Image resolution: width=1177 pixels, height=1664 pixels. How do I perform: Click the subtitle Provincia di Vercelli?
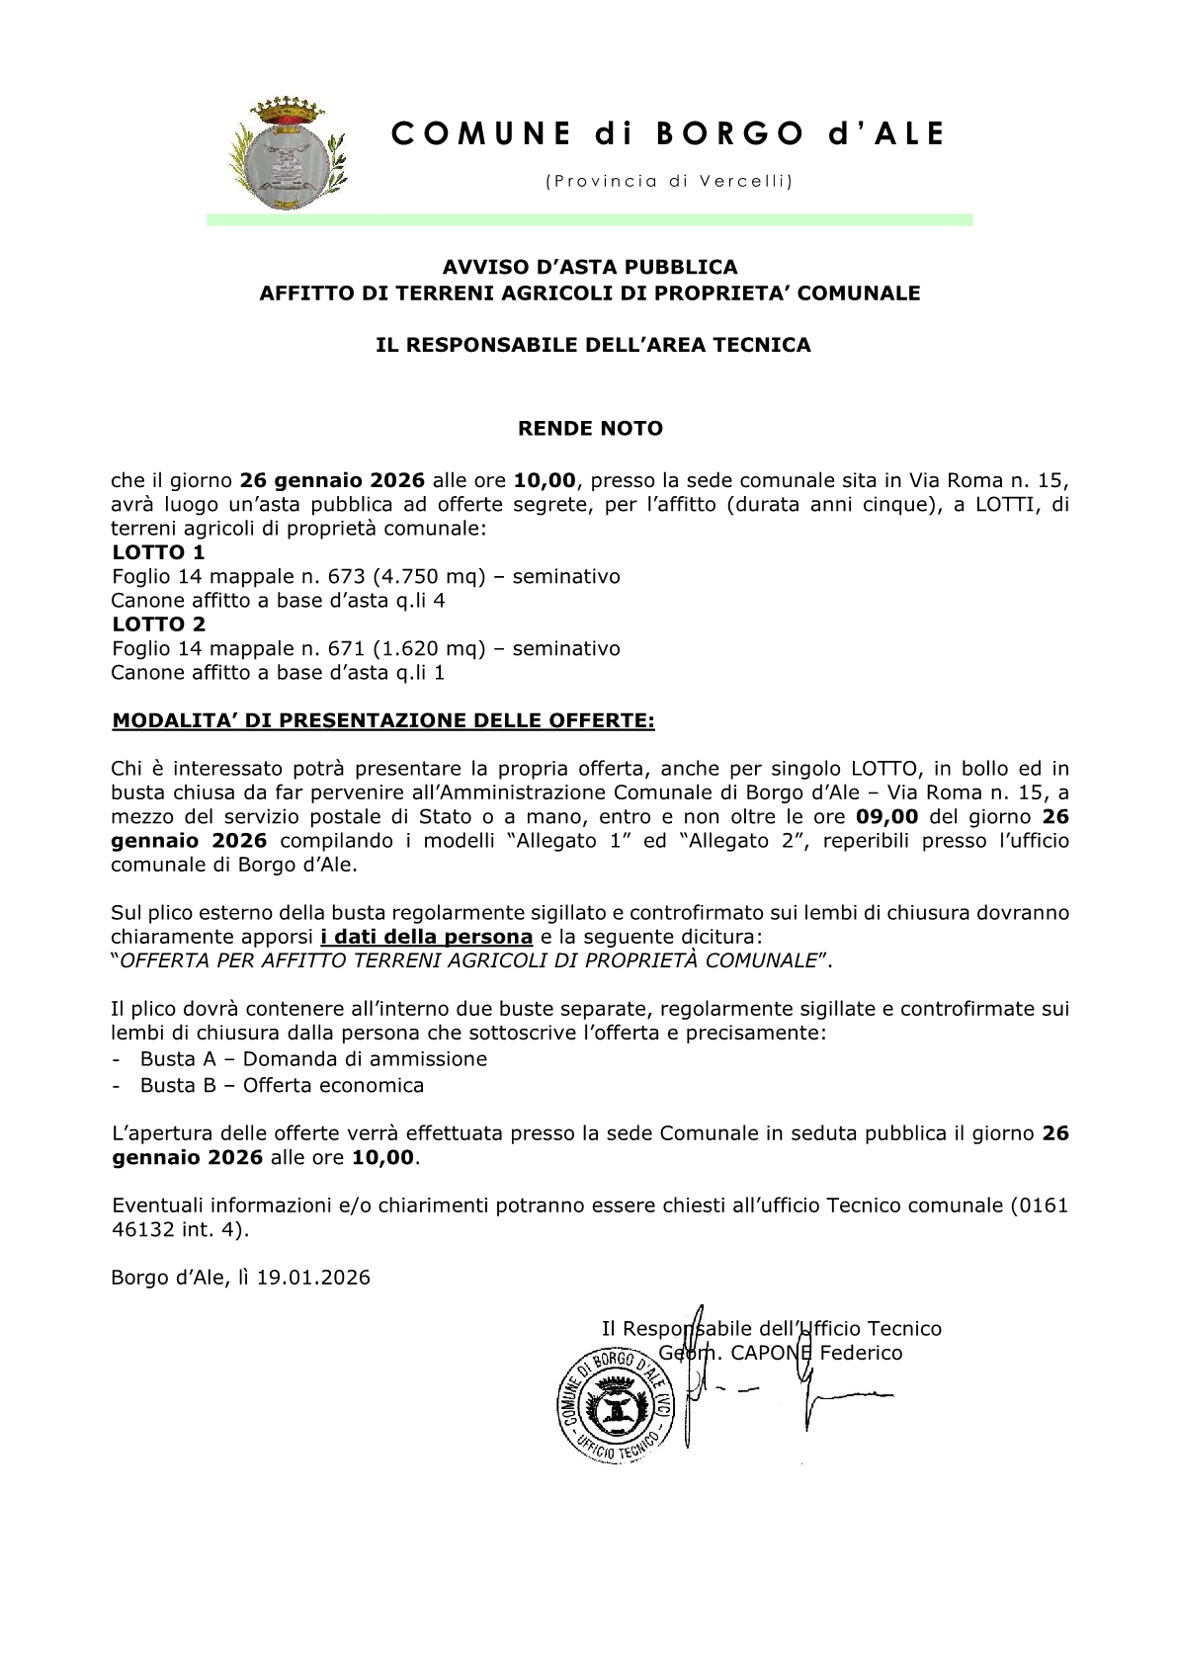pos(668,182)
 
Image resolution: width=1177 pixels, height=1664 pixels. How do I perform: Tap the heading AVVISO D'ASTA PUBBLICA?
pos(589,267)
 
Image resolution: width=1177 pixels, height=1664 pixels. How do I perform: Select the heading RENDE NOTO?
pos(591,429)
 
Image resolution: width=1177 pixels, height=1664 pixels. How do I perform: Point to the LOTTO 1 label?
pos(158,552)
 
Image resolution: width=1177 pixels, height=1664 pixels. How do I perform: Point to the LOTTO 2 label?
pos(158,624)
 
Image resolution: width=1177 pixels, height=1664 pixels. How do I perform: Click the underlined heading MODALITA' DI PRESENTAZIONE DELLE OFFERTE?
pos(383,720)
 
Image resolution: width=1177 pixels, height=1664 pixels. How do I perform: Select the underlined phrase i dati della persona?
pos(426,937)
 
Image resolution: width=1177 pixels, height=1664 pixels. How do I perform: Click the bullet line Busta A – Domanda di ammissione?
pos(313,1059)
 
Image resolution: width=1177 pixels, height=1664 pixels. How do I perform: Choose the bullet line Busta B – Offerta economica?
pos(282,1085)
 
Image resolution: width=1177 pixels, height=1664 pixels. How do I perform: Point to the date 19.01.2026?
pos(313,1278)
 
